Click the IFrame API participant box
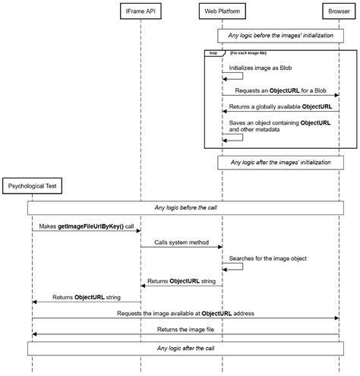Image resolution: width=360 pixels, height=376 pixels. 141,11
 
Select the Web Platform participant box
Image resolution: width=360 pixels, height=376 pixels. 222,11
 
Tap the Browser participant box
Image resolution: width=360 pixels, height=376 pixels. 339,11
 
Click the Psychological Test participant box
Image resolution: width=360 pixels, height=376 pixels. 32,185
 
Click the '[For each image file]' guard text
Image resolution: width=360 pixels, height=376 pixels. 248,53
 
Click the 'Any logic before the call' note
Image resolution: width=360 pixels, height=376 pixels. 185,207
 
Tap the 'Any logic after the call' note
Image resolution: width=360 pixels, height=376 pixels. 185,348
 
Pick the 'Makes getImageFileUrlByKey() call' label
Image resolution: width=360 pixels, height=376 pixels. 86,226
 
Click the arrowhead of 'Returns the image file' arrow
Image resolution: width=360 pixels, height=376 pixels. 34,334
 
